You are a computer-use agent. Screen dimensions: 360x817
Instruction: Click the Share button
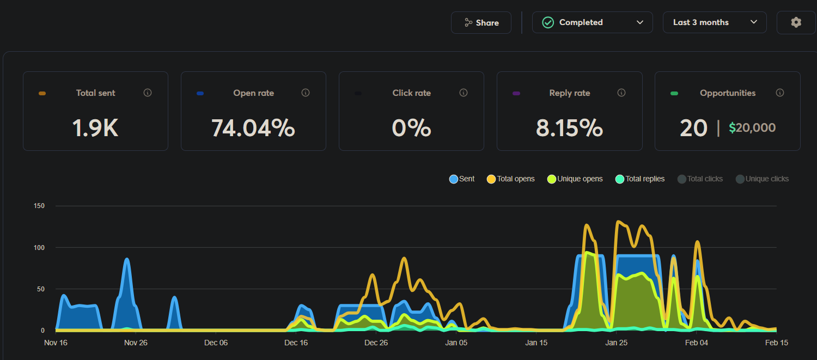coord(481,23)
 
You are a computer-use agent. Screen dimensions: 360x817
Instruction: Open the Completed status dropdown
coord(592,23)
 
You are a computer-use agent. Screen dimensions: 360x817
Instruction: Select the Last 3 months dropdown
coord(714,23)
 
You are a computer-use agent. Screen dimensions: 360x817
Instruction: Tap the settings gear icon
coord(796,23)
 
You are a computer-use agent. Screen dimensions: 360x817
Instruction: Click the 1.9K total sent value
coord(95,128)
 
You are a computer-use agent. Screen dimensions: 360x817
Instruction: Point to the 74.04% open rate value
coord(253,128)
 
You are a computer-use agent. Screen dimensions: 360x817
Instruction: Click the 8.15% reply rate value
coord(569,128)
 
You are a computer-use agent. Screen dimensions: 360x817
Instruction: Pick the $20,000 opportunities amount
coord(752,128)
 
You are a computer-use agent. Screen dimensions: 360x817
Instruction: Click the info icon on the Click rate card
coord(464,93)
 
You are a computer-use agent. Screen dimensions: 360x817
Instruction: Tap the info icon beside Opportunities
coord(780,93)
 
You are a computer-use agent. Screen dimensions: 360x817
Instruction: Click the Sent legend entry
coord(462,179)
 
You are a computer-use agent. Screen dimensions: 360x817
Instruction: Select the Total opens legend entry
coord(511,179)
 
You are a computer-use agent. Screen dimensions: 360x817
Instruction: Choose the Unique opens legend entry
coord(575,179)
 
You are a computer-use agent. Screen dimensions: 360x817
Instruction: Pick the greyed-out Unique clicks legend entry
coord(762,179)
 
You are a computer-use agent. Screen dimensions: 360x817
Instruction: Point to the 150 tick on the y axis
coord(39,206)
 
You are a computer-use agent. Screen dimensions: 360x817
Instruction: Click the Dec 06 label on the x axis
coord(216,343)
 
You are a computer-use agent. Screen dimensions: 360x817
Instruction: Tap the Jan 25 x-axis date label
coord(617,343)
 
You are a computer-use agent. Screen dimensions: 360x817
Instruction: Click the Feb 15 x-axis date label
coord(777,343)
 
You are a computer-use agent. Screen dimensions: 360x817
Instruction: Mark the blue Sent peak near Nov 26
coord(127,260)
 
